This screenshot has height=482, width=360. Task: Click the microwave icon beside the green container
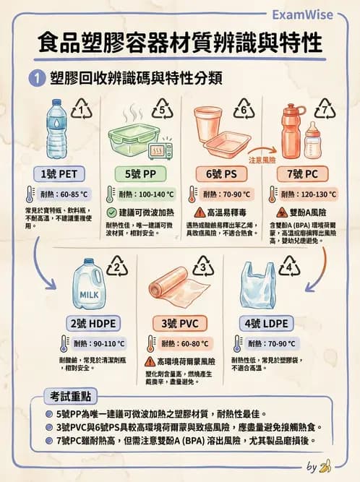tap(159, 150)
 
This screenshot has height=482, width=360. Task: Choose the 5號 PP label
tap(142, 174)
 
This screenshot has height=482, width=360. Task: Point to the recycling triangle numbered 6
tap(244, 111)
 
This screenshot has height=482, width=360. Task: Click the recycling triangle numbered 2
tap(117, 270)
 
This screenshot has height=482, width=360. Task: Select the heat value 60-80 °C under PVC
tap(184, 343)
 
